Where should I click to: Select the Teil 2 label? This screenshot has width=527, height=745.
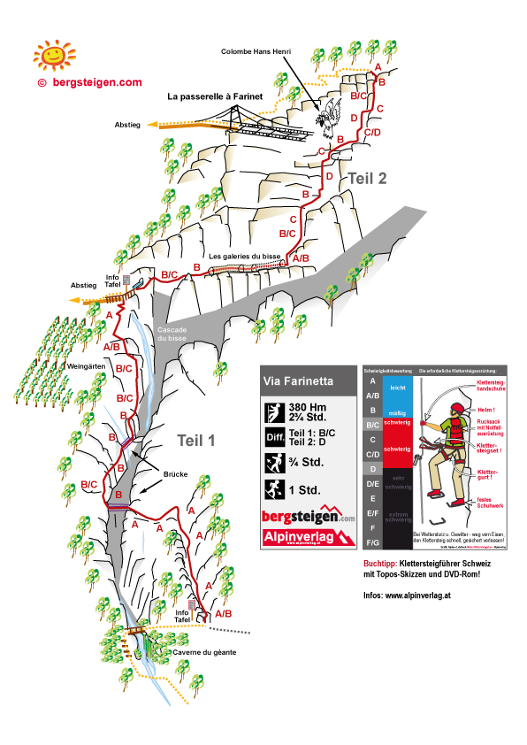(368, 178)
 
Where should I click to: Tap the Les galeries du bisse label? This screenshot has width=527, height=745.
(245, 257)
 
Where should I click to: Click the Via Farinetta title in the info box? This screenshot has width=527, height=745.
(297, 383)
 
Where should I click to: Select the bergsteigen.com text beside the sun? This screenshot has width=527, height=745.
(96, 81)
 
